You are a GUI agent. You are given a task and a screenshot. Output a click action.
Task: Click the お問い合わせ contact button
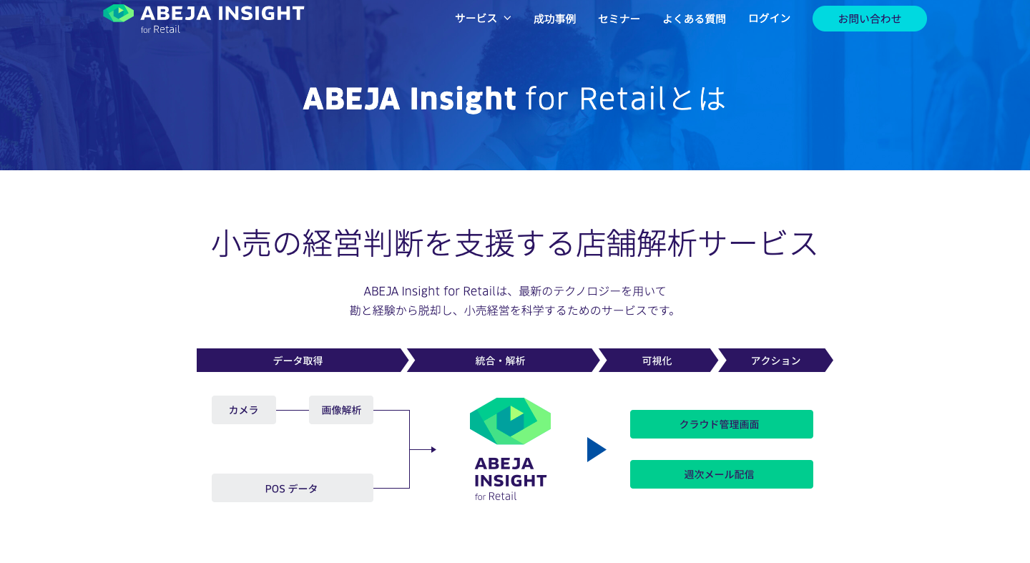click(x=870, y=19)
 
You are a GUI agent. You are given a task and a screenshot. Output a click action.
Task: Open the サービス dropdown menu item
click(x=483, y=19)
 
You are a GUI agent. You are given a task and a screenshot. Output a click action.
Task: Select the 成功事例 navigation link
click(x=554, y=19)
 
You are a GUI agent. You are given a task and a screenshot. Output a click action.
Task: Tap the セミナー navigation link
click(x=619, y=19)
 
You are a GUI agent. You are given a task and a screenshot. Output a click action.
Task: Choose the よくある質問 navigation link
click(x=695, y=19)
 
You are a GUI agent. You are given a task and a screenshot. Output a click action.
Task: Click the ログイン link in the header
click(x=770, y=19)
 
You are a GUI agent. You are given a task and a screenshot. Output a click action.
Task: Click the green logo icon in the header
click(x=118, y=14)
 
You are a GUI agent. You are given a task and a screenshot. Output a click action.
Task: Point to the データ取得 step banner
click(x=302, y=360)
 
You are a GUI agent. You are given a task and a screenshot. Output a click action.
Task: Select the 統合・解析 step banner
click(x=503, y=360)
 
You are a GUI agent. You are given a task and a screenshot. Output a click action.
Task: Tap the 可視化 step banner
click(x=658, y=360)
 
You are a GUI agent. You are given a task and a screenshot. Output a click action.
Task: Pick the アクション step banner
click(x=775, y=360)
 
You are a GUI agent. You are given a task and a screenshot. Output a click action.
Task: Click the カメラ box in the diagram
click(x=244, y=410)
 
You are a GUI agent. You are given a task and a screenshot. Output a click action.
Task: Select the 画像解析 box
click(x=341, y=410)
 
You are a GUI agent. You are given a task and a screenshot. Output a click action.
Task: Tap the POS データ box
click(x=293, y=488)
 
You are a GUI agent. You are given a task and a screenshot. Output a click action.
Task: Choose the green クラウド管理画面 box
click(x=722, y=424)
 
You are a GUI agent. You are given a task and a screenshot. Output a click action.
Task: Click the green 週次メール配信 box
click(x=722, y=474)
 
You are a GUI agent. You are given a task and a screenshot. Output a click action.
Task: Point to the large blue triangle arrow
click(x=595, y=449)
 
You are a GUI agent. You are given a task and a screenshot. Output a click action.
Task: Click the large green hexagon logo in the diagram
click(x=511, y=421)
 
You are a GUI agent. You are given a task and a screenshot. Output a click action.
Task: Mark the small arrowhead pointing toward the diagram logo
click(x=433, y=449)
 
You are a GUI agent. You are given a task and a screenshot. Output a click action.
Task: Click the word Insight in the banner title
click(x=463, y=99)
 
